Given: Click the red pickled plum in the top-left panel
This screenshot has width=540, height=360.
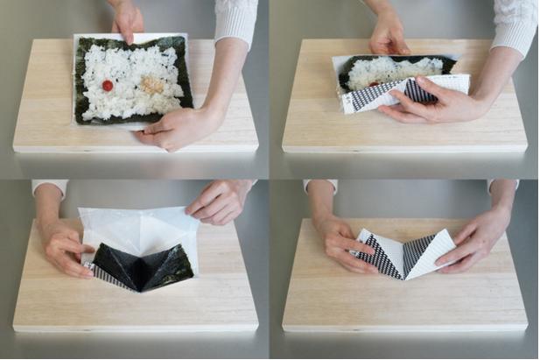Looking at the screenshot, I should [x=108, y=86].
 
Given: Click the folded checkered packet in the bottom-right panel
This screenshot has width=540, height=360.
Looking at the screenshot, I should [x=403, y=254].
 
